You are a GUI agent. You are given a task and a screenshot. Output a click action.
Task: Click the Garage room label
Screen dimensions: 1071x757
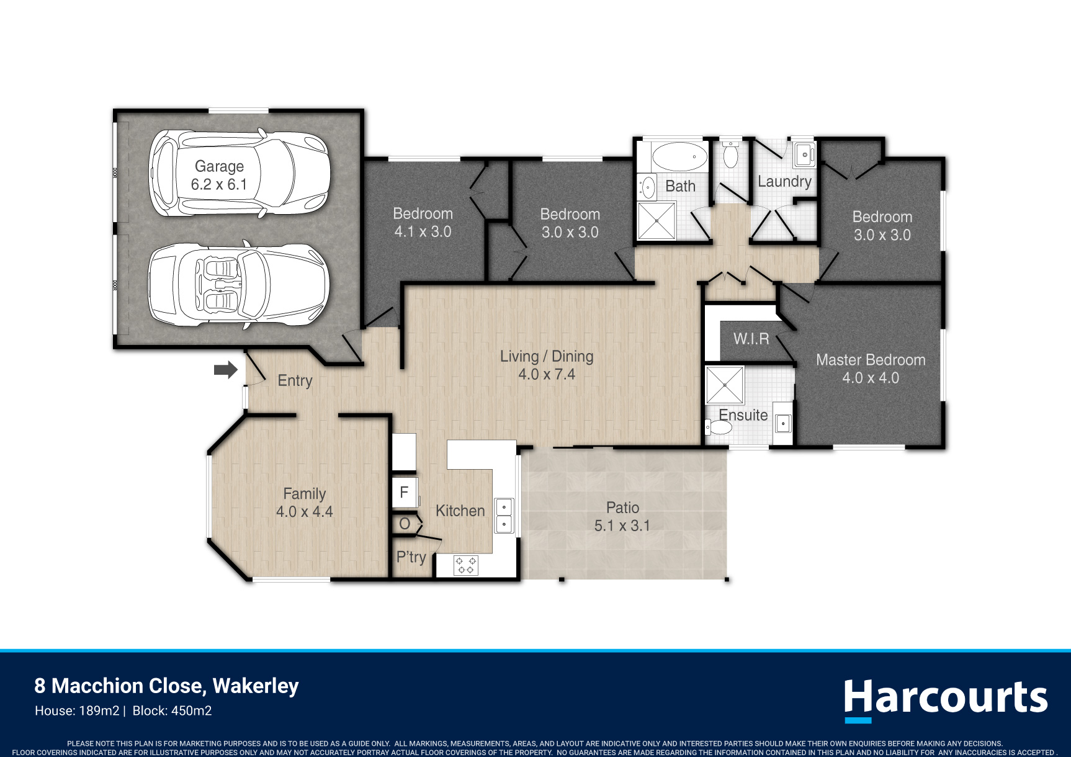(x=219, y=166)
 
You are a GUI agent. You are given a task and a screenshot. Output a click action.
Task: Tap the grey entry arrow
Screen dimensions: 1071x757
(x=226, y=370)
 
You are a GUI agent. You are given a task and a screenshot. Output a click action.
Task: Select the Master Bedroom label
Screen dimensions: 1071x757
(x=871, y=360)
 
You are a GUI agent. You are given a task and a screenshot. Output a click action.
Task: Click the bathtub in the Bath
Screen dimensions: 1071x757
(x=679, y=156)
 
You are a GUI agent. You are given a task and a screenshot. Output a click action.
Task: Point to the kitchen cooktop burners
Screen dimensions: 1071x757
(x=465, y=565)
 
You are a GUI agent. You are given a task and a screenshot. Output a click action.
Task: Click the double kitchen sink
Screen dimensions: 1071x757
(x=504, y=515)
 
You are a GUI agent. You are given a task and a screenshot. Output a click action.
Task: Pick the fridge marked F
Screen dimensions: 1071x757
(x=405, y=493)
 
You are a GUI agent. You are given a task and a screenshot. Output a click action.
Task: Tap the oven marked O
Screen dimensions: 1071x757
(x=405, y=524)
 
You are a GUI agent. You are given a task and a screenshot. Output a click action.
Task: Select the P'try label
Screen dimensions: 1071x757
(x=411, y=557)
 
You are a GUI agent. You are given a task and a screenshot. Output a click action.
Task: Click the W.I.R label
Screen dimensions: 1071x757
(x=751, y=339)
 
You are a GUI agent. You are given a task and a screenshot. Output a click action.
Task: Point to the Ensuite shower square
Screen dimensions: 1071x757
(x=725, y=385)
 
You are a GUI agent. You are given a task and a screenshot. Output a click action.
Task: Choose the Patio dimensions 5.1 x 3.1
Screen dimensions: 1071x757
(x=622, y=526)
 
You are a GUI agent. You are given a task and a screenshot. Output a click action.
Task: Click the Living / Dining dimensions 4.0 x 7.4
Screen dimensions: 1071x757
(x=547, y=374)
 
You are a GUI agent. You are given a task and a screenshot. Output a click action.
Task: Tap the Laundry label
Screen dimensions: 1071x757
(x=784, y=182)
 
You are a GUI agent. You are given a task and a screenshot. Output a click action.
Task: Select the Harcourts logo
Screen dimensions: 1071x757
(x=946, y=699)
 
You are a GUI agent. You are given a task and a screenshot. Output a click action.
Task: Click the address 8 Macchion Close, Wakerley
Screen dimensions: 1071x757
(x=166, y=686)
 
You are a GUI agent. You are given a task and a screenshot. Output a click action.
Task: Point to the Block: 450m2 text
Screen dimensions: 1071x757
(x=173, y=711)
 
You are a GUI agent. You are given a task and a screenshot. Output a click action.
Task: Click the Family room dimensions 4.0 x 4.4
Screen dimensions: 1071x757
(x=304, y=512)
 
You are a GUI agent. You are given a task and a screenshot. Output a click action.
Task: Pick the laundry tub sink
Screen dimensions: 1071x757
(x=805, y=153)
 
